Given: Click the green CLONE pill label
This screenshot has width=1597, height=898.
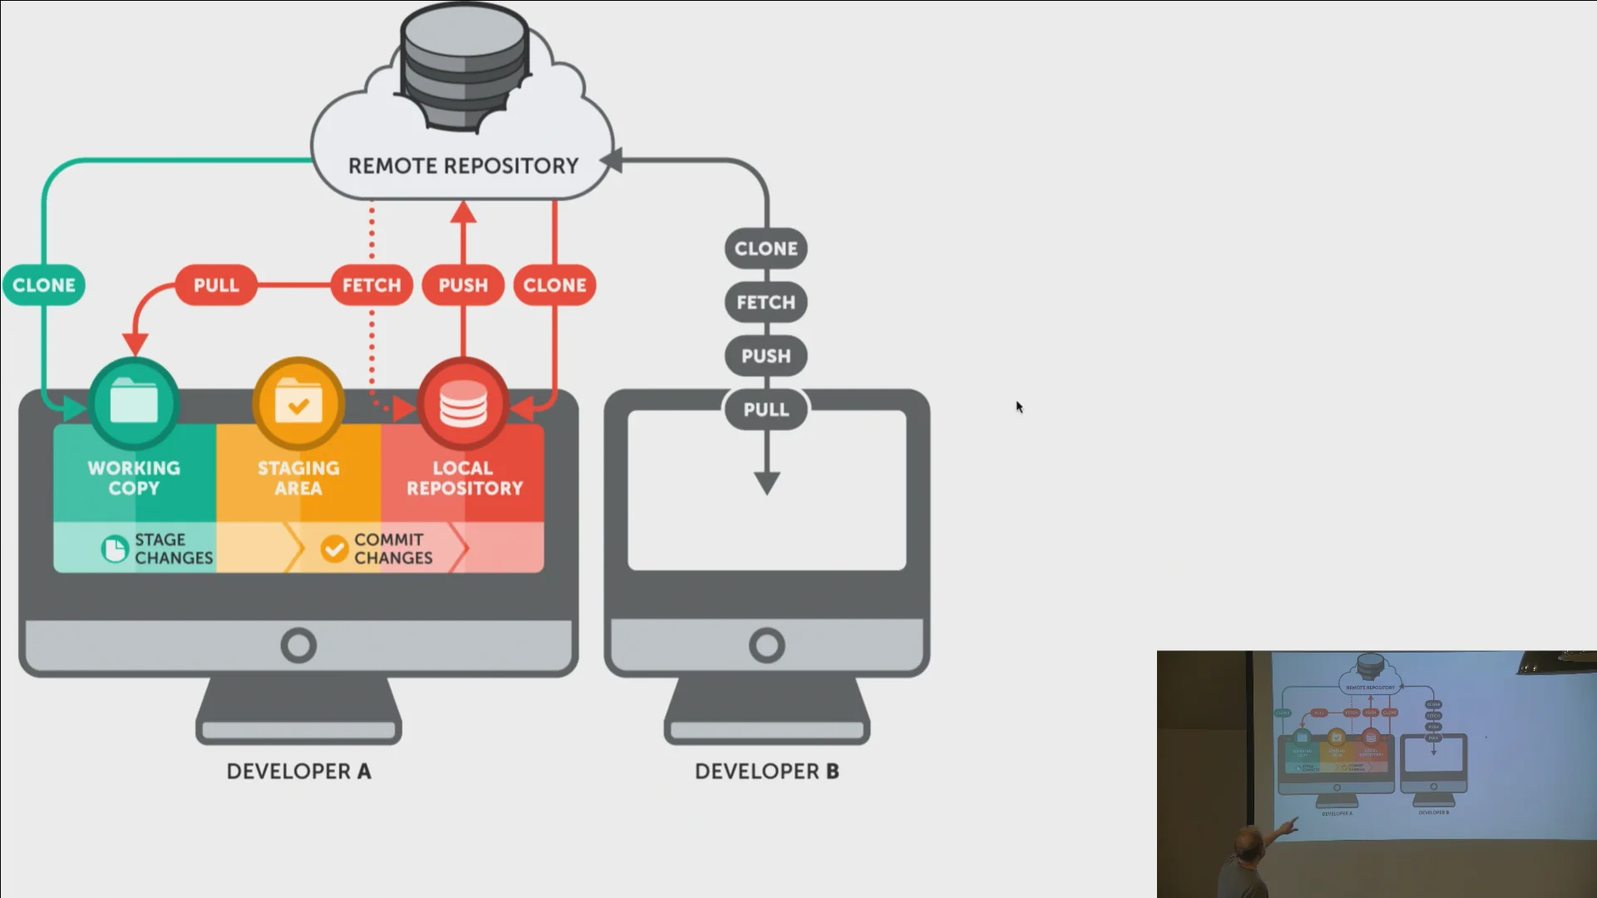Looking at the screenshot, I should tap(44, 285).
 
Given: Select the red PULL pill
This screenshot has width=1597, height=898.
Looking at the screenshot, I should tap(216, 285).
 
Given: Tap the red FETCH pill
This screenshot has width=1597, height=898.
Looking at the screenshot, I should tap(372, 285).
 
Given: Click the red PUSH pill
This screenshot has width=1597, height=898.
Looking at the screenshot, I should tap(463, 285).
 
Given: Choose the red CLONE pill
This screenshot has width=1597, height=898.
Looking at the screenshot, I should tap(555, 285).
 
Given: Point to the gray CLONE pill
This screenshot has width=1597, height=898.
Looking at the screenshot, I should tap(766, 249).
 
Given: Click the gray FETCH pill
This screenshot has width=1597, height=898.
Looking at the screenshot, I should tap(766, 303).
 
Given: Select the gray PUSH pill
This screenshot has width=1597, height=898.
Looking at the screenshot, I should tap(766, 356).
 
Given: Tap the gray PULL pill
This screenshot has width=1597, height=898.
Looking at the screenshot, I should tap(766, 410).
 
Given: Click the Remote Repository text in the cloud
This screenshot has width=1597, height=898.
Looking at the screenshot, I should tap(463, 166).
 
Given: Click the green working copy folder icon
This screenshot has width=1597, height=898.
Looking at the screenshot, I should tap(134, 404).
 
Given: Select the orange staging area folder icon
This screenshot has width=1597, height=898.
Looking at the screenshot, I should tap(299, 404).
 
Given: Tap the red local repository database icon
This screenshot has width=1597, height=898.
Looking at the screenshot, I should tap(463, 404).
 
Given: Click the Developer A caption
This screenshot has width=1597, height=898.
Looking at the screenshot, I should tap(299, 772).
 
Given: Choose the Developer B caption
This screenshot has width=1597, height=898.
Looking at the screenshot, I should tap(767, 772).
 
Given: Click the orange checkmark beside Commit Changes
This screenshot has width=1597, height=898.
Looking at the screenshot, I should tap(334, 549).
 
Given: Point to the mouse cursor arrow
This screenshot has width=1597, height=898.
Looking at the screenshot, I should tap(1019, 407).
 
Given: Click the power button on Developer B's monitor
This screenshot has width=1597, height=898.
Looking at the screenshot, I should tap(767, 645).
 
